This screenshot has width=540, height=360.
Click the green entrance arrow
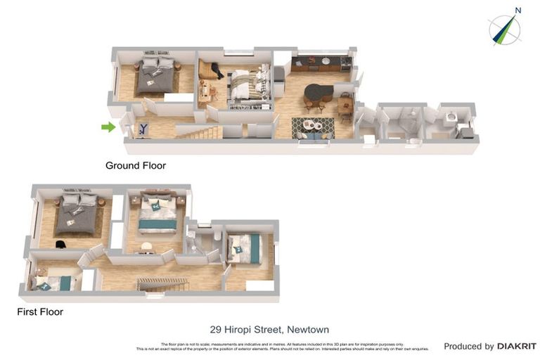tap(108, 127)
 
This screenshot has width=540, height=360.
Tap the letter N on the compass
tap(517, 11)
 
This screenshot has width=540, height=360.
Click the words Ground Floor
tap(136, 166)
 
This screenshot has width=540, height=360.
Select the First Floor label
tap(41, 311)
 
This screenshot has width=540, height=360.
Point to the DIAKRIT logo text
tap(517, 346)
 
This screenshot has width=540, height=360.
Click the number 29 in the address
tap(217, 329)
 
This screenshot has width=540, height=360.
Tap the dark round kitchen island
tap(320, 91)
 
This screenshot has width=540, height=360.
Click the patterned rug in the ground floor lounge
tap(313, 127)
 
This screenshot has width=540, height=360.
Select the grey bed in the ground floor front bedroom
tap(155, 76)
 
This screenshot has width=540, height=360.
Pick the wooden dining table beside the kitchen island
tap(345, 105)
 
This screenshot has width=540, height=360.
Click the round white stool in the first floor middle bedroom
tap(146, 246)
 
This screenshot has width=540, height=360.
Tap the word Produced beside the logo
tap(469, 346)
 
